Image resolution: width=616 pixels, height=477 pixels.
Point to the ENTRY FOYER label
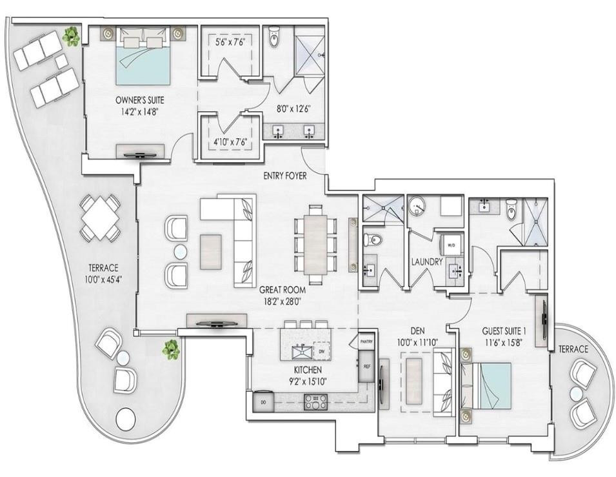point(284,176)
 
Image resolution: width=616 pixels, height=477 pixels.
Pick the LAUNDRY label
point(426,262)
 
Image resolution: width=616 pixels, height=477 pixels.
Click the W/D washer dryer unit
point(450,246)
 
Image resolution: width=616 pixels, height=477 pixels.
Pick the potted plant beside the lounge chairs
point(71,37)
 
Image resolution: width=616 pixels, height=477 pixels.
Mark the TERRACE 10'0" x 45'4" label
point(104,273)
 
